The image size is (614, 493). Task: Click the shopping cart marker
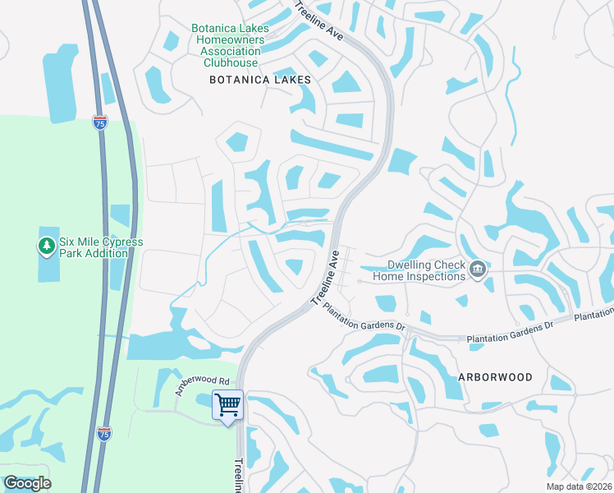[227, 403]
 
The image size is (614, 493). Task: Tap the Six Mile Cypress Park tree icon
[47, 245]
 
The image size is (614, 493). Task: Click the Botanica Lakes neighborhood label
[260, 80]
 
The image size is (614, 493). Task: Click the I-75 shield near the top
[100, 122]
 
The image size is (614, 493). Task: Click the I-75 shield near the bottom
[103, 434]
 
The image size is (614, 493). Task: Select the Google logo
[27, 483]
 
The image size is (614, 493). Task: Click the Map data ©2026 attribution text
[580, 486]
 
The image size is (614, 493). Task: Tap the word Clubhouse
[231, 62]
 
